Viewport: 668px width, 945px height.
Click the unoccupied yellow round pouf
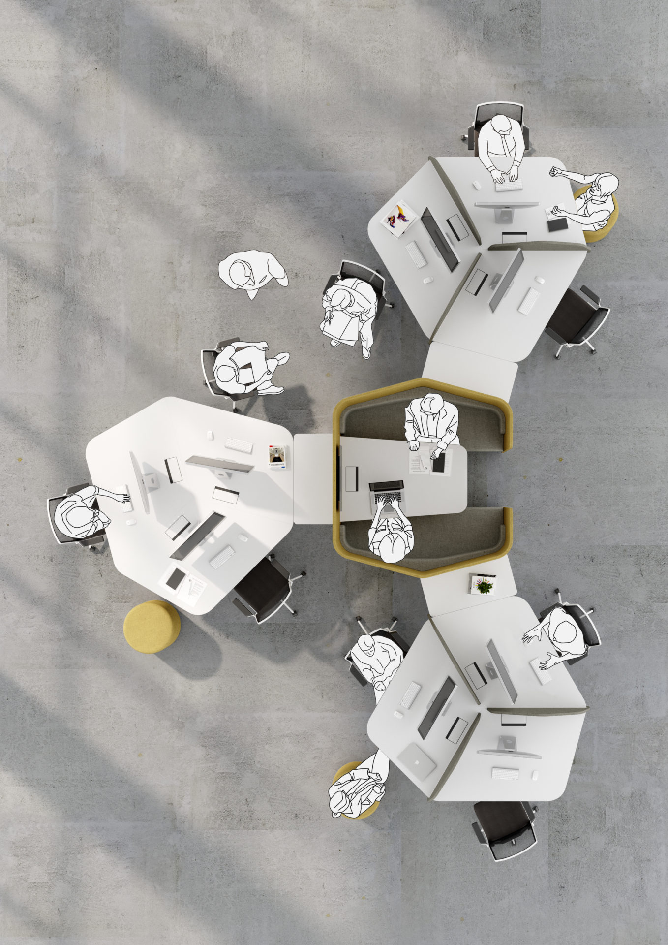pyautogui.click(x=152, y=627)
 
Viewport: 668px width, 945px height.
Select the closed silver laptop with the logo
pyautogui.click(x=417, y=761)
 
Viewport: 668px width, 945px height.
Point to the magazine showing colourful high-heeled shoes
pyautogui.click(x=399, y=218)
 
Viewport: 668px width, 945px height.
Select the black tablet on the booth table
pyautogui.click(x=439, y=463)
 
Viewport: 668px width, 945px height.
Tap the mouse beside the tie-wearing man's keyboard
pyautogui.click(x=476, y=185)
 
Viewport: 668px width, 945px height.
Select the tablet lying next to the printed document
pyautogui.click(x=175, y=579)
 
